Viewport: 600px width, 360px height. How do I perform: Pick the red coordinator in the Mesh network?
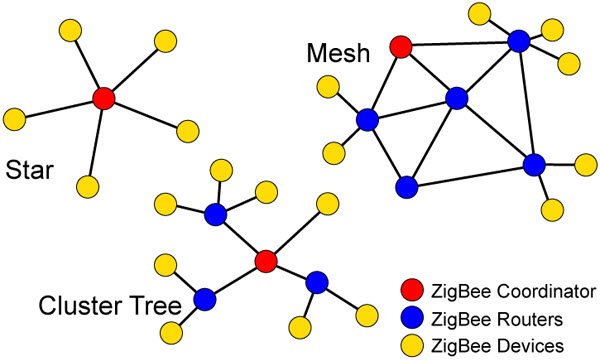(402, 46)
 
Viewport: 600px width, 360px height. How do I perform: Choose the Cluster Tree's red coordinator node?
(265, 261)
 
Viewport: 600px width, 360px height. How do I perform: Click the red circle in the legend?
(409, 293)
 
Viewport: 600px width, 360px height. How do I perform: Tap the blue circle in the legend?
(409, 319)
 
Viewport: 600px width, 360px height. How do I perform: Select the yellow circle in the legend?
(409, 345)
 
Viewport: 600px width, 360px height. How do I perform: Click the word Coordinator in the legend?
(539, 293)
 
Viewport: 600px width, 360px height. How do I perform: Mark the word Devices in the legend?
(527, 345)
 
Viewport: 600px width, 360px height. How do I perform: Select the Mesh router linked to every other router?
(457, 98)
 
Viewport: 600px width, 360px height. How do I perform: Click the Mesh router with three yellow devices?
(518, 41)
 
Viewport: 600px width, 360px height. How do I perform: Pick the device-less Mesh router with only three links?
(405, 186)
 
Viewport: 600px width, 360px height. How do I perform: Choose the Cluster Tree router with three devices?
(216, 214)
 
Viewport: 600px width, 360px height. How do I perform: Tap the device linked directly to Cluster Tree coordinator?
(326, 205)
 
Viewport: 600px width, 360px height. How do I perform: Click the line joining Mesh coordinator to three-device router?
(460, 43)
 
